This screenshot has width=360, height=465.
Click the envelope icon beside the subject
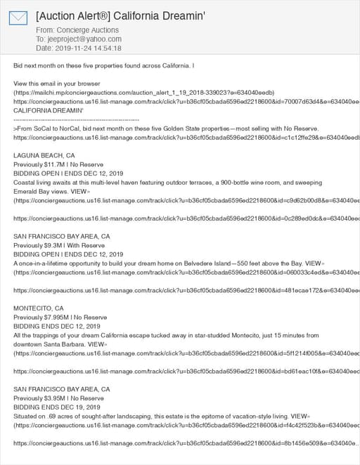(18, 18)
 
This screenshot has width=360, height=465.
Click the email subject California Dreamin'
(120, 15)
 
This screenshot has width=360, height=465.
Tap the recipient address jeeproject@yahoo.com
(82, 39)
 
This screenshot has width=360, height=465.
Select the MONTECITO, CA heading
(39, 308)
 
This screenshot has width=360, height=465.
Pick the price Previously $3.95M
(42, 398)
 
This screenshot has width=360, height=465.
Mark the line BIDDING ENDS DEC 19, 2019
(57, 407)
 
